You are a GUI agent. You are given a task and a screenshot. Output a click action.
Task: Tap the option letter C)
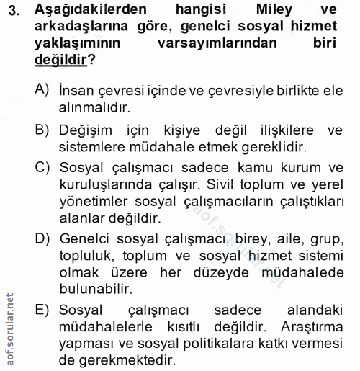tap(45, 168)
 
